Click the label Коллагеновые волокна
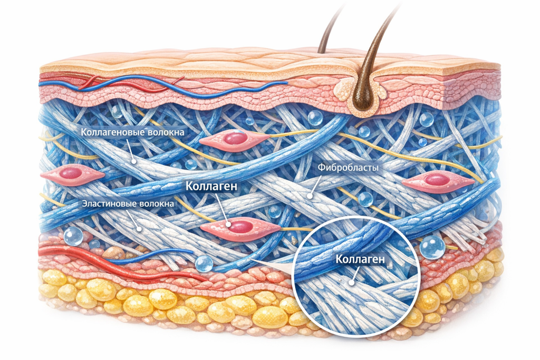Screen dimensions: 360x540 pos(132,132)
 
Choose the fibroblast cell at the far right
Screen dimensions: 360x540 pos(437,180)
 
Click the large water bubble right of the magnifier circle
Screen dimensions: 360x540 pos(433,246)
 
